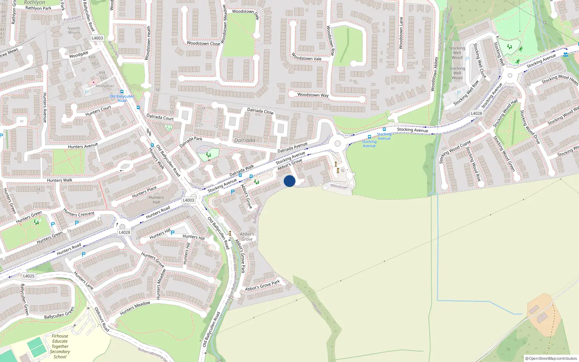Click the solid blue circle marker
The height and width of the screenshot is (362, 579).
[x=289, y=181]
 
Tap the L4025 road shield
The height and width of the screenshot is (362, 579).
[x=29, y=276]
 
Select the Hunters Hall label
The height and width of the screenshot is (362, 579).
[x=156, y=200]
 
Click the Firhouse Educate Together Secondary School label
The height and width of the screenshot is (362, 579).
[x=60, y=346]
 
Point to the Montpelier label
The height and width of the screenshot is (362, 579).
[x=105, y=86]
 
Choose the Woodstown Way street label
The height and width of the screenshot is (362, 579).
[x=313, y=95]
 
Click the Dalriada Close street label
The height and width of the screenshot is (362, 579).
[x=260, y=111]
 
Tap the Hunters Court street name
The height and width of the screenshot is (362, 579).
[x=98, y=111]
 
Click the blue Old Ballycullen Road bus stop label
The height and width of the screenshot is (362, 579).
[x=122, y=98]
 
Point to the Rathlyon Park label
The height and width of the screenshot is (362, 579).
[x=38, y=8]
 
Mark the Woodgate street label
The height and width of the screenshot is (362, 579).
[x=79, y=55]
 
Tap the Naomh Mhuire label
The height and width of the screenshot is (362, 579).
[x=74, y=30]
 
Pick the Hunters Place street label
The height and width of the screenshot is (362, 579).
[x=144, y=192]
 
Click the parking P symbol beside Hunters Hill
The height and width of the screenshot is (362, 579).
[x=173, y=233]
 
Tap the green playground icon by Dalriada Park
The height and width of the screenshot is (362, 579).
[x=208, y=155]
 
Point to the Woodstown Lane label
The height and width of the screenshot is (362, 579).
[x=401, y=33]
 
